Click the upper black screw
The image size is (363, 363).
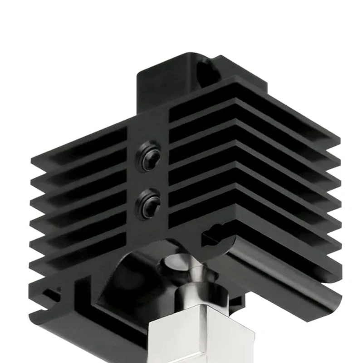150,155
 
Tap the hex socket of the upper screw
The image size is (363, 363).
152,156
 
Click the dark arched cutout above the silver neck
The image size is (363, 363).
136,272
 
